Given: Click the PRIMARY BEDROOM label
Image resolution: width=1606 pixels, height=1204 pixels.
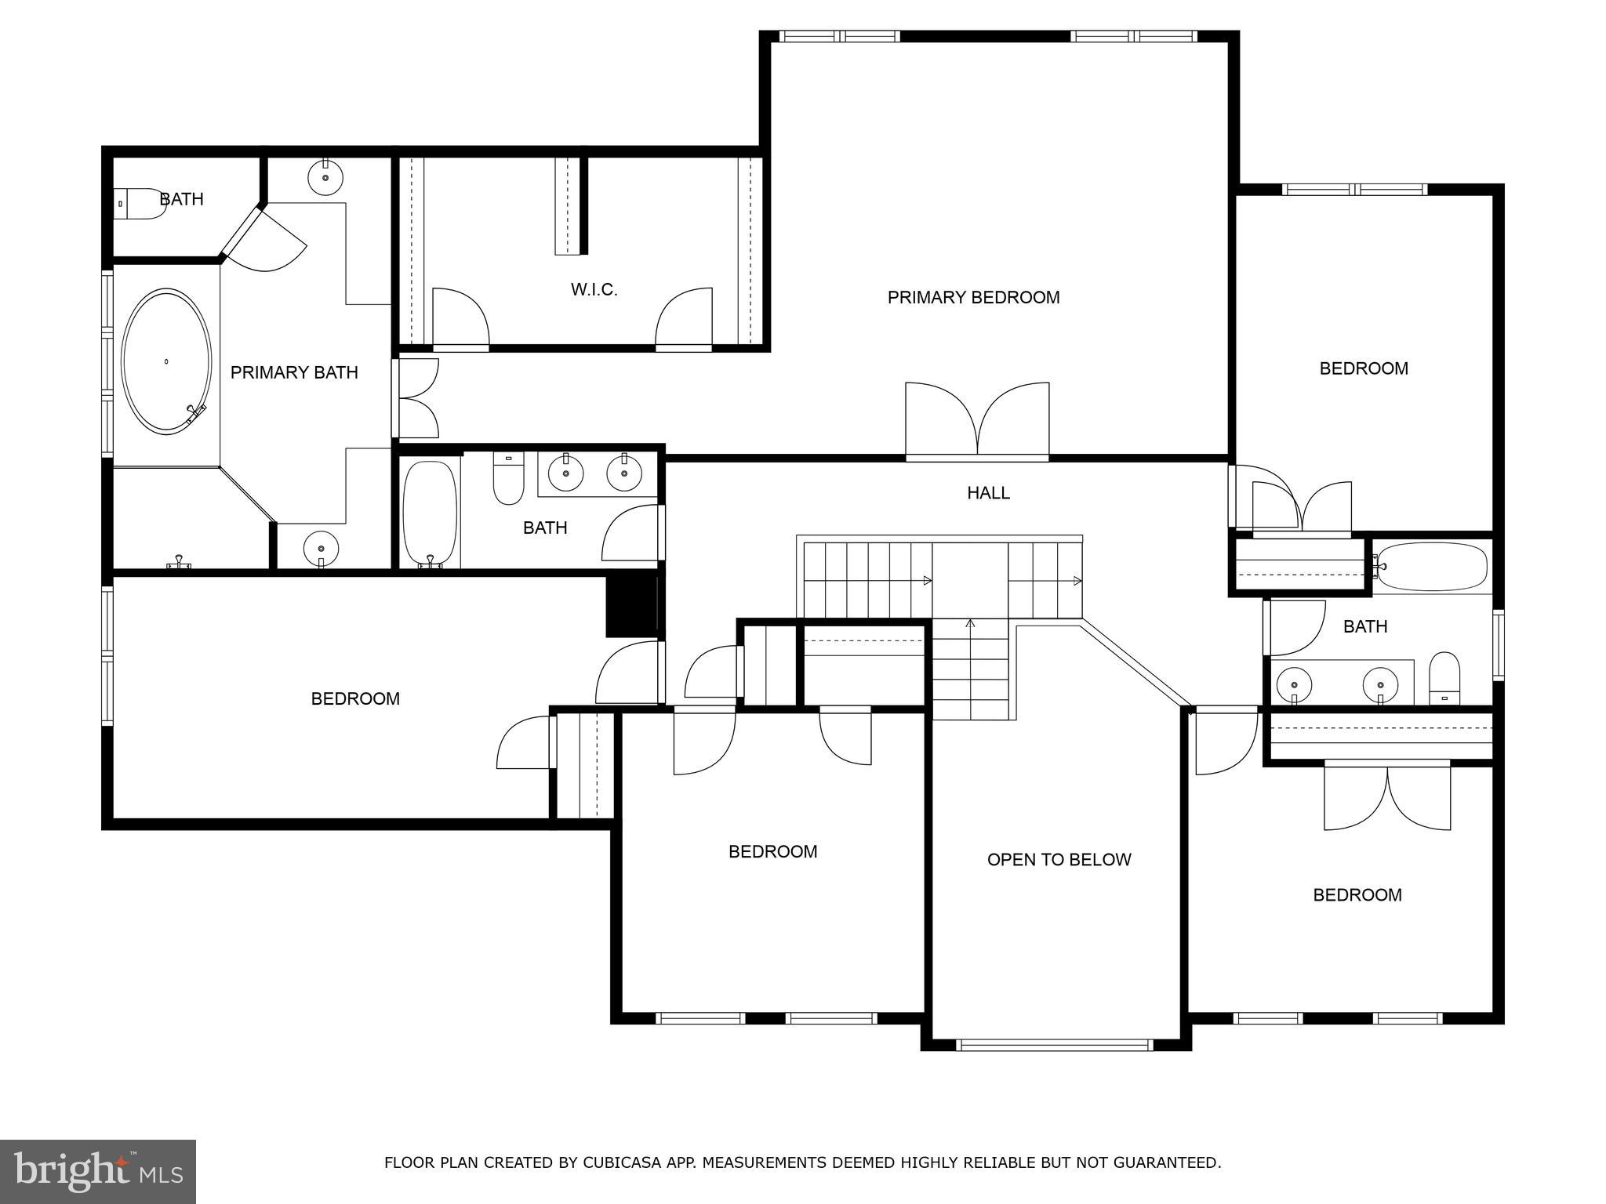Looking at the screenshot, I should pyautogui.click(x=973, y=298).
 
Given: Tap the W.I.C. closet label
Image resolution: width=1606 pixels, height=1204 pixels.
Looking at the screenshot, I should pyautogui.click(x=594, y=290).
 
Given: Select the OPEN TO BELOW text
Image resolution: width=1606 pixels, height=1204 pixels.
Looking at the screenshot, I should pyautogui.click(x=1059, y=860).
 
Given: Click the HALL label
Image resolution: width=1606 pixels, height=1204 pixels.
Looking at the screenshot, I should pyautogui.click(x=988, y=493).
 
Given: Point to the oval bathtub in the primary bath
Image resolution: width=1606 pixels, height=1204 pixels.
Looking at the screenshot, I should pyautogui.click(x=166, y=361).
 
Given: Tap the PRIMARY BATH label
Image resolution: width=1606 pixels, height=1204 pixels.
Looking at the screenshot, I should pyautogui.click(x=294, y=373).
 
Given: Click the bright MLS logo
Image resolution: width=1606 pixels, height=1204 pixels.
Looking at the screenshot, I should pyautogui.click(x=97, y=1171).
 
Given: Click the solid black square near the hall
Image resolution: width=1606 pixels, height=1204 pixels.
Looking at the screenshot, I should pyautogui.click(x=631, y=606).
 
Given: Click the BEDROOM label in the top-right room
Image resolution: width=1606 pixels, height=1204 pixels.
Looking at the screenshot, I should pyautogui.click(x=1364, y=368).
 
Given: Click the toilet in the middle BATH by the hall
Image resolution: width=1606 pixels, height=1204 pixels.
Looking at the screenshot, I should pyautogui.click(x=508, y=480).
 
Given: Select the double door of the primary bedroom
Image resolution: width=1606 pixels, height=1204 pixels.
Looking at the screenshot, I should pyautogui.click(x=977, y=421).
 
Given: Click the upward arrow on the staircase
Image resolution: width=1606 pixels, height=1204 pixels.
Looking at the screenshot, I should pyautogui.click(x=970, y=625).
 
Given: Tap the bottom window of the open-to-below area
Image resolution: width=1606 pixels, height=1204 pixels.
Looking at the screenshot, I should pyautogui.click(x=1055, y=1045).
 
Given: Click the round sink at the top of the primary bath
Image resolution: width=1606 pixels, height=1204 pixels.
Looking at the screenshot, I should pyautogui.click(x=325, y=176).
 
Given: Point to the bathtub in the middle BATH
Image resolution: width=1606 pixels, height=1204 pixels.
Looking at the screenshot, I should pyautogui.click(x=430, y=513).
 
